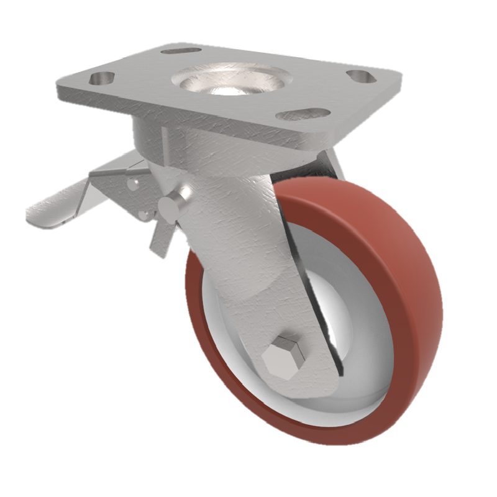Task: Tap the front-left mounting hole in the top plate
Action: point(103,79)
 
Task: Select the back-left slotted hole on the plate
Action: point(181,50)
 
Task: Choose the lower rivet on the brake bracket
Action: point(144,214)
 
